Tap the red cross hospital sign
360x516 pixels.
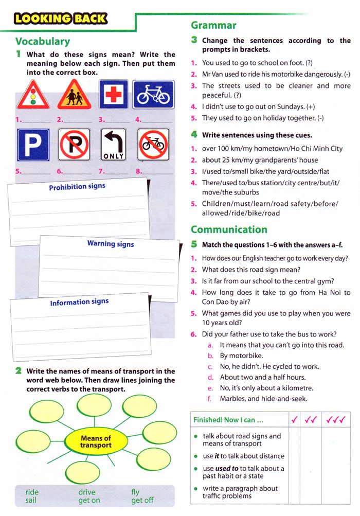click(x=113, y=95)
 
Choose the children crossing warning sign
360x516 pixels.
click(x=74, y=95)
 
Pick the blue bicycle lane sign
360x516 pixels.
click(x=153, y=95)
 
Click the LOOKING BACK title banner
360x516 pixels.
click(x=61, y=19)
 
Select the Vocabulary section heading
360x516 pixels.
click(x=43, y=41)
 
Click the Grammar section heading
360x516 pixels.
click(x=213, y=25)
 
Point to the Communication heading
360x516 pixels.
click(x=229, y=229)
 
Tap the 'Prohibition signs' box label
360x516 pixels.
click(x=77, y=187)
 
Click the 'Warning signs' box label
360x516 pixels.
click(x=111, y=243)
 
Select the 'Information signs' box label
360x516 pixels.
click(x=79, y=303)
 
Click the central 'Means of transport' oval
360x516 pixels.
click(x=96, y=442)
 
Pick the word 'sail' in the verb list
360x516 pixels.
click(x=31, y=500)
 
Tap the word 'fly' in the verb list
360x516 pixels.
click(x=135, y=492)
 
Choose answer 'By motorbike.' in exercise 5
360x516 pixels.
click(x=241, y=355)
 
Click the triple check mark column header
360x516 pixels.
click(x=336, y=420)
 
